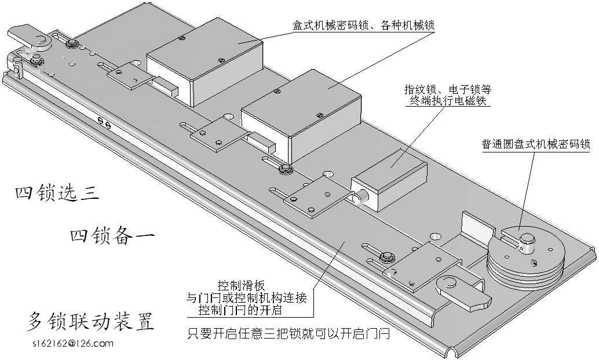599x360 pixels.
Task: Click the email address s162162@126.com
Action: pos(73,343)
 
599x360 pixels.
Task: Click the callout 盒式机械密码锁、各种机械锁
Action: pos(364,26)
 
